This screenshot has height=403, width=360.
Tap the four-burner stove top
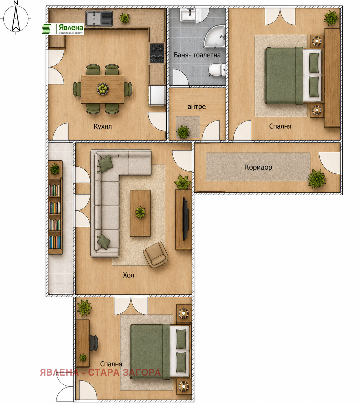pyautogui.click(x=157, y=53)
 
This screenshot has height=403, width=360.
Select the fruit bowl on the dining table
pyautogui.click(x=103, y=88)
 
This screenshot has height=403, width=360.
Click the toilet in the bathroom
pyautogui.click(x=217, y=70)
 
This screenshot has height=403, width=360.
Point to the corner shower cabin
pyautogui.click(x=215, y=37)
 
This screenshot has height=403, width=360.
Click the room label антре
pyautogui.click(x=196, y=107)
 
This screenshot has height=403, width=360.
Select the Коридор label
pyautogui.click(x=258, y=167)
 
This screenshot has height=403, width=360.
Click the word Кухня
pyautogui.click(x=103, y=126)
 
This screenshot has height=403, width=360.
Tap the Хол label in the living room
pyautogui.click(x=128, y=275)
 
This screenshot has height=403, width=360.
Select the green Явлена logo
pyautogui.click(x=63, y=29)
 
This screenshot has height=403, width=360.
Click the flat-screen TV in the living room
pyautogui.click(x=185, y=219)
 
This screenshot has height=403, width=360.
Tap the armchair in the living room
pyautogui.click(x=156, y=255)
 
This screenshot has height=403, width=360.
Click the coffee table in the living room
pyautogui.click(x=140, y=213)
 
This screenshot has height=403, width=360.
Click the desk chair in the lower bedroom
pyautogui.click(x=93, y=343)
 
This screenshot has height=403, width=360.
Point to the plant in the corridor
pyautogui.click(x=317, y=179)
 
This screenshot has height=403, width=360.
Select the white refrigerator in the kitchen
pyautogui.click(x=157, y=95)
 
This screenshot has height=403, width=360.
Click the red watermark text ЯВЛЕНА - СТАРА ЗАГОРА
pyautogui.click(x=100, y=372)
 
